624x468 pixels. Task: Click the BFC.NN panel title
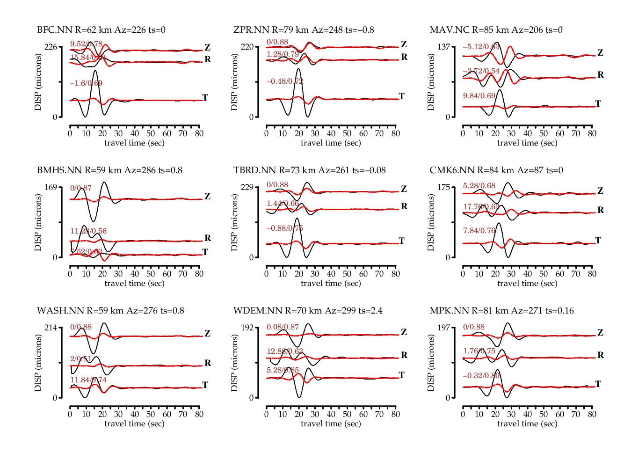click(101, 30)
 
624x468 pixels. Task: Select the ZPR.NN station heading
click(304, 30)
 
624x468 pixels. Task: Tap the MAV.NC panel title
click(496, 30)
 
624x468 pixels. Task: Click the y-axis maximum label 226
click(51, 47)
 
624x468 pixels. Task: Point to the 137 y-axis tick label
click(443, 47)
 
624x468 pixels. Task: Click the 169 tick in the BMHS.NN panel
click(51, 187)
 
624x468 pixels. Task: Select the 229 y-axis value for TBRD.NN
click(247, 187)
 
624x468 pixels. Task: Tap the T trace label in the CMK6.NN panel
click(598, 241)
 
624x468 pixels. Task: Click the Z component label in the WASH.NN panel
click(207, 334)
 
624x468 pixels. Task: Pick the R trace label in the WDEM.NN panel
click(404, 355)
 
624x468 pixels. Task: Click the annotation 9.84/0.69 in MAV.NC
click(479, 96)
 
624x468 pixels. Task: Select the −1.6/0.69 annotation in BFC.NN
click(86, 83)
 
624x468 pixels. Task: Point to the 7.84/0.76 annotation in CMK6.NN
click(479, 231)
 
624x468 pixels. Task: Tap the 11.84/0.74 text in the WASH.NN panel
click(88, 380)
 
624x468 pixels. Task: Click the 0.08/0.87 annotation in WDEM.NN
click(283, 327)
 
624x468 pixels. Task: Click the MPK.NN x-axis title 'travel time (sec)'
click(527, 424)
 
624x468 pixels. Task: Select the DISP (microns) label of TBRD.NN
click(234, 222)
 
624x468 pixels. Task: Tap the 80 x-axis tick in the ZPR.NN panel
click(396, 133)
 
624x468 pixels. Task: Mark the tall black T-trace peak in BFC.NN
click(95, 71)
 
